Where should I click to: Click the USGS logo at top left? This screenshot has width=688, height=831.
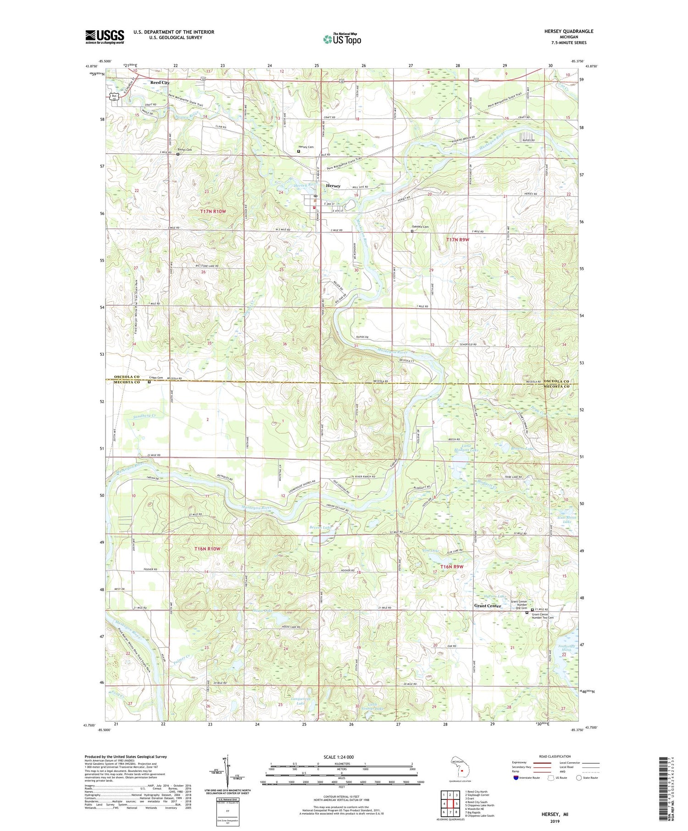coord(105,37)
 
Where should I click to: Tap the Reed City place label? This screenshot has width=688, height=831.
coord(160,83)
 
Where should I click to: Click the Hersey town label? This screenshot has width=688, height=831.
coord(333,186)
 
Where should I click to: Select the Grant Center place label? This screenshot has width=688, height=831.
coord(487,606)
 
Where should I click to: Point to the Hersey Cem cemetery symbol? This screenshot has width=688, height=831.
coord(299,151)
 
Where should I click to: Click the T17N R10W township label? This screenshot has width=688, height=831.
coord(213,211)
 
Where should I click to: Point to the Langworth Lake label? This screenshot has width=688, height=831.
coord(301,701)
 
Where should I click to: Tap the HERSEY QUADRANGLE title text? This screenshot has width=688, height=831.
coord(567,31)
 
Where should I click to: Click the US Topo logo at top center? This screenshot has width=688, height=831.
coord(342,39)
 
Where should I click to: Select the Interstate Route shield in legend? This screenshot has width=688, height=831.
coord(516,777)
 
